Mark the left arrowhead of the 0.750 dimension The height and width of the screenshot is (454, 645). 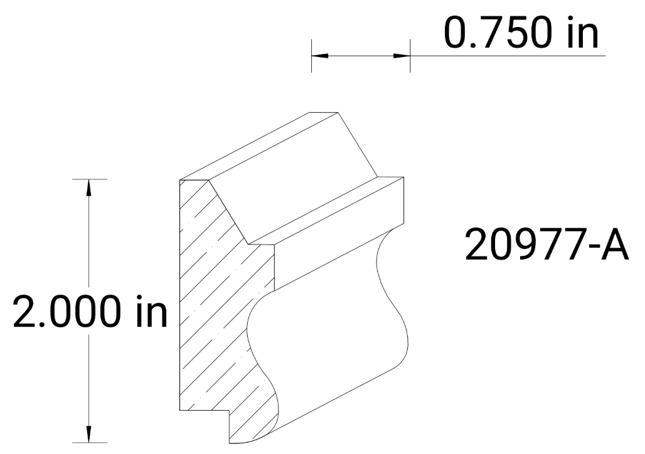pos(319,56)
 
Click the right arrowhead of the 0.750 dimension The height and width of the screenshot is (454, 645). pos(402,56)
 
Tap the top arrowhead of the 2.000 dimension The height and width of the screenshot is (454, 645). pos(89,187)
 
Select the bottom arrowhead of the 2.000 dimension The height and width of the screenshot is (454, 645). pos(89,435)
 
